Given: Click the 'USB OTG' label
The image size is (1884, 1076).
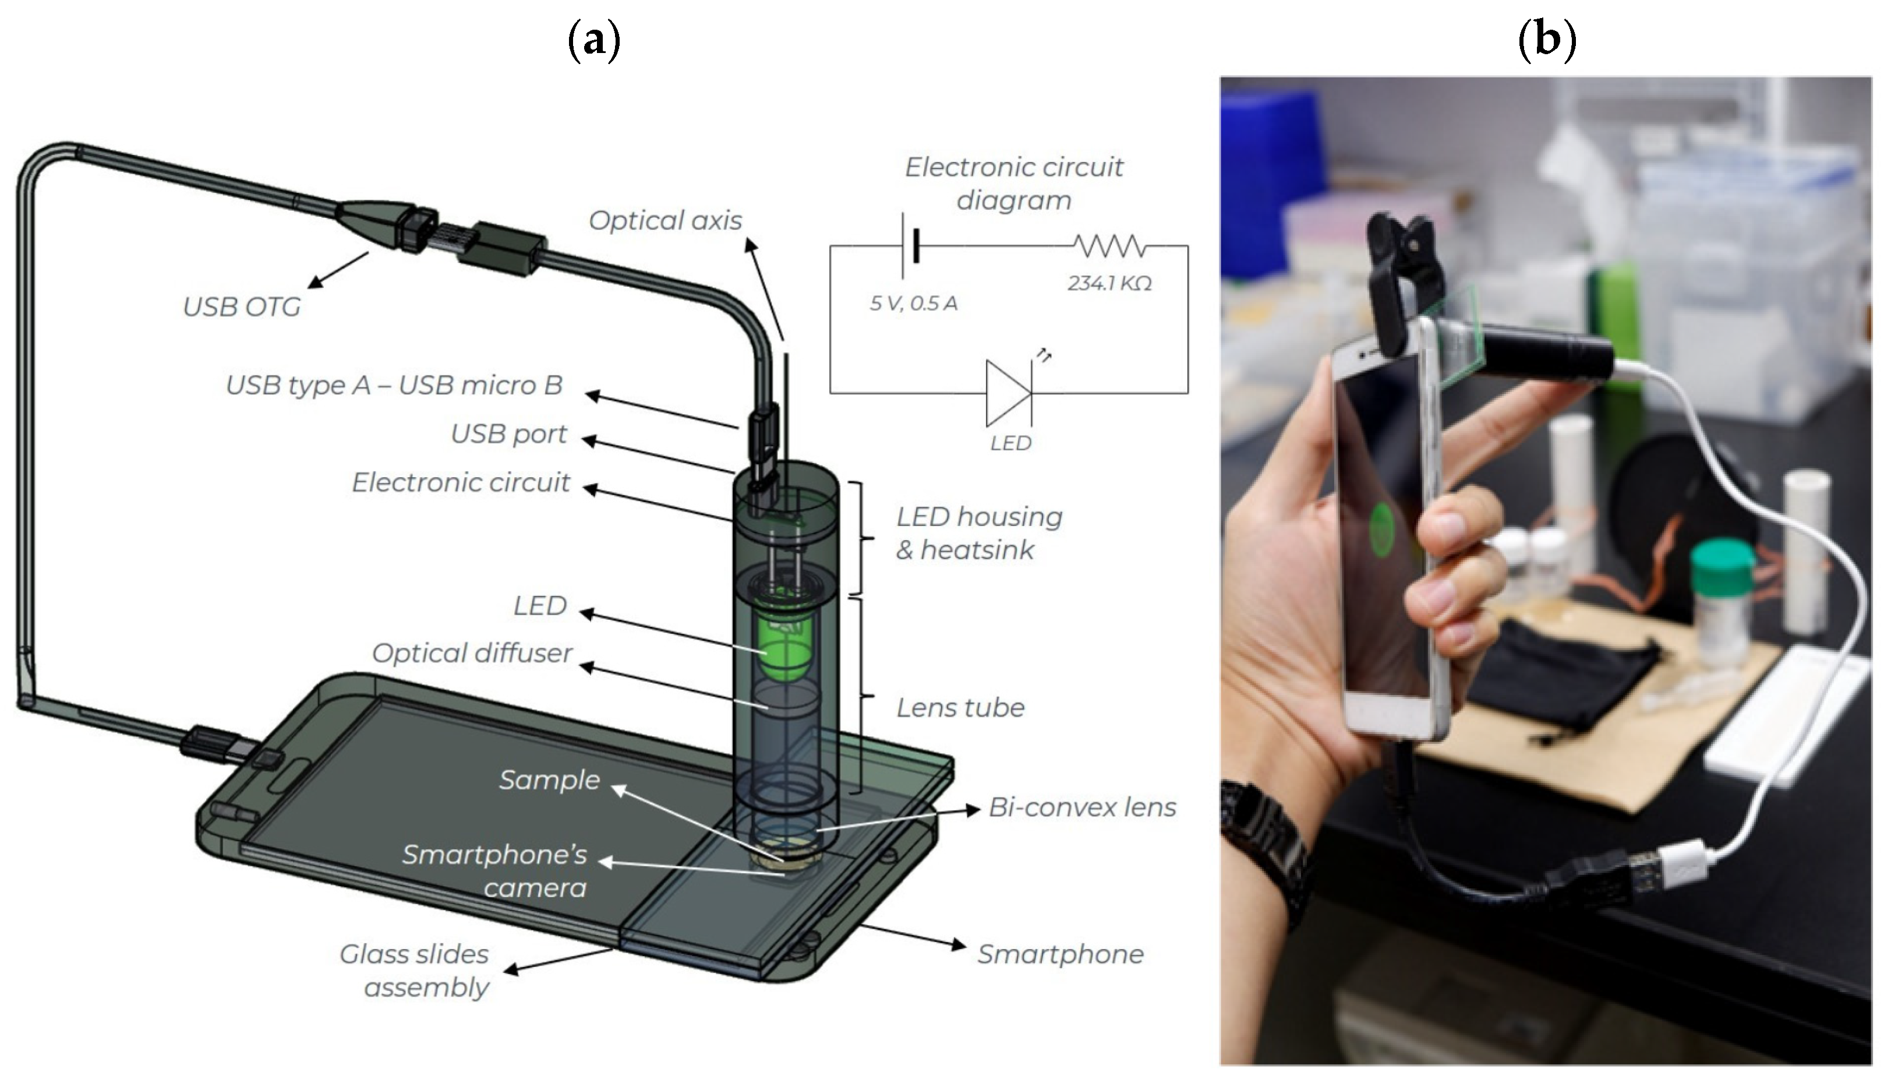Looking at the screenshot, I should tap(242, 306).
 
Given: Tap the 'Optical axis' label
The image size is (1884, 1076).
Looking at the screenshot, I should tap(664, 220).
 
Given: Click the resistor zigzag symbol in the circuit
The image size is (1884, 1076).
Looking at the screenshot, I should tap(1109, 245).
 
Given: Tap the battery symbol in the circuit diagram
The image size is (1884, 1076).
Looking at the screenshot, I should tap(910, 245).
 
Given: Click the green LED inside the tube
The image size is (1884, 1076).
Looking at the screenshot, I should tap(785, 643).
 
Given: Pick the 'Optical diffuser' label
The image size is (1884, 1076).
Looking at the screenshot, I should tap(472, 653).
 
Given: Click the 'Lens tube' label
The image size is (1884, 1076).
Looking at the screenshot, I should tap(960, 708).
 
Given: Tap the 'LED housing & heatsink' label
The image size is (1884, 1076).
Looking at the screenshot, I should tap(978, 533).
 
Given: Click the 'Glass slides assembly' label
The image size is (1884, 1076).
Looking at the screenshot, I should tap(415, 971).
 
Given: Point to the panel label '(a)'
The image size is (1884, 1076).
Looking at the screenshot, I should tap(594, 40).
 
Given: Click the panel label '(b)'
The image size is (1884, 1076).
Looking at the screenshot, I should tap(1546, 40).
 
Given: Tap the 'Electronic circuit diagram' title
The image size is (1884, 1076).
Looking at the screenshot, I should tap(1014, 184).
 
